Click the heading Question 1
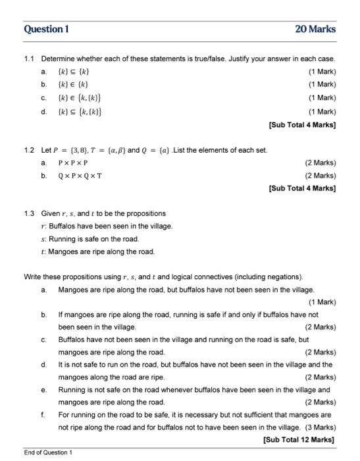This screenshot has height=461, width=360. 46,29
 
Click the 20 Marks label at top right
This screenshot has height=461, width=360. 316,29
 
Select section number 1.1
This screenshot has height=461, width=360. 29,59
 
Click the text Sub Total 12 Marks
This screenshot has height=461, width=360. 299,439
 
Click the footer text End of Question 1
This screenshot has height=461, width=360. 48,452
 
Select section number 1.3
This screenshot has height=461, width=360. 29,213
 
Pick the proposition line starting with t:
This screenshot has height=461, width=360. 98,251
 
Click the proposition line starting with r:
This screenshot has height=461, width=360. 106,226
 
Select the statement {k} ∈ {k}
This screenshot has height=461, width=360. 73,84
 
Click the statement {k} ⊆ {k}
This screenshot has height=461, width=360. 73,72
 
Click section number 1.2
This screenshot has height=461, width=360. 29,150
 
